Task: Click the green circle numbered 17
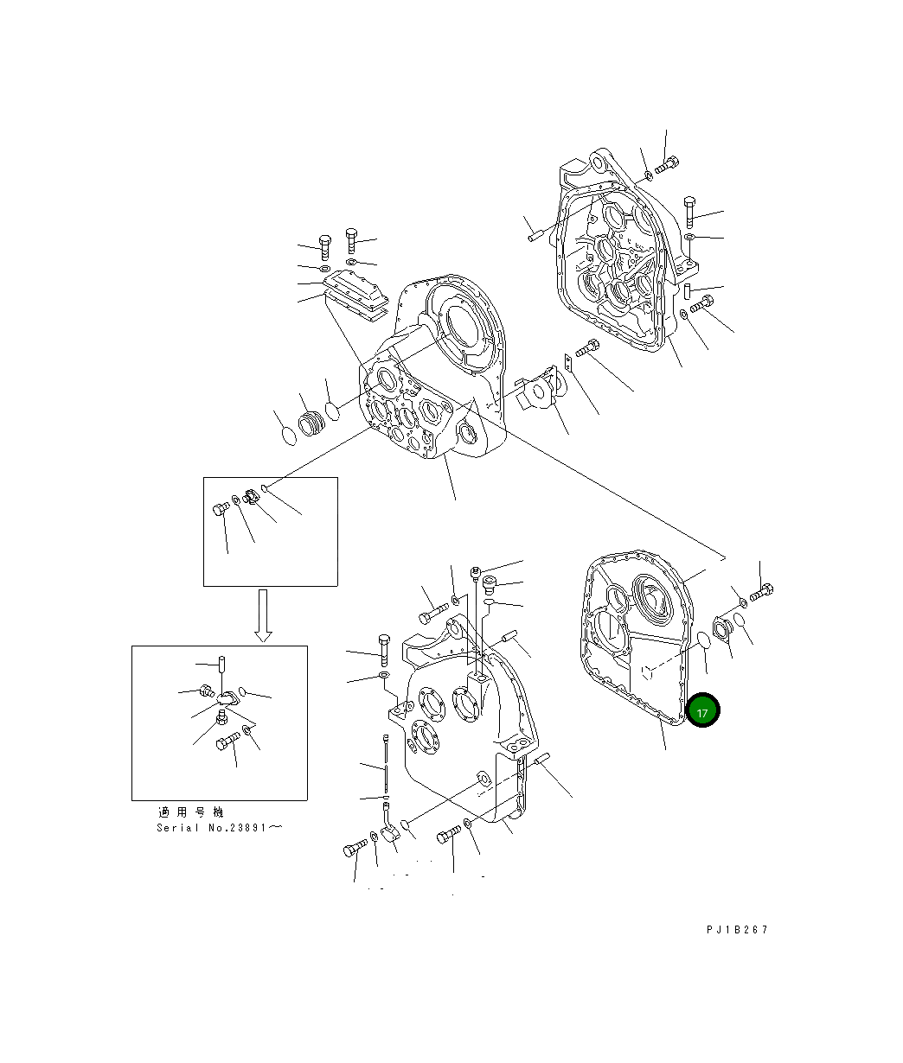[702, 710]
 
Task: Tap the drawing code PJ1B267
[737, 929]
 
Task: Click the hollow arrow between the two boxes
[263, 615]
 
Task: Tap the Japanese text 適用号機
[191, 812]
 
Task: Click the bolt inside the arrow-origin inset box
[221, 509]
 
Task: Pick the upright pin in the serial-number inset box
[222, 664]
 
